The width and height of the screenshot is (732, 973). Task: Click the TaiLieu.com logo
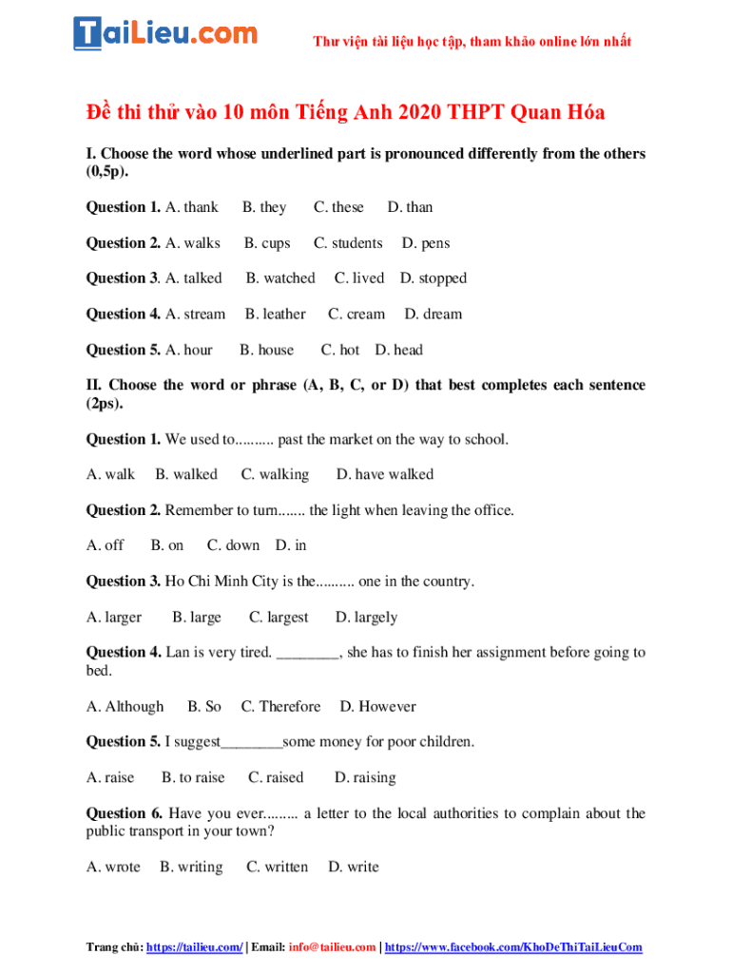point(165,33)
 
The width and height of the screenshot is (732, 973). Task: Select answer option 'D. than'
point(410,207)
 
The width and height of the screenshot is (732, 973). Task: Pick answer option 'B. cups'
point(267,243)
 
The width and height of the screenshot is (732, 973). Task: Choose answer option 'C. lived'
point(359,278)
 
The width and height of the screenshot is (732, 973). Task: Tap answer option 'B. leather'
point(275,315)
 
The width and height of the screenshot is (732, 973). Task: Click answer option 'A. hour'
point(189,350)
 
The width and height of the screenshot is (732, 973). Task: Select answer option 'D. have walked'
point(384,474)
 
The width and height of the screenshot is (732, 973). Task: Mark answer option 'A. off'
point(105,545)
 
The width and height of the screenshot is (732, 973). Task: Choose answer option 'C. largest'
point(279,618)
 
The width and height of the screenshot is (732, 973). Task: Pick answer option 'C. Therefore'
point(280,707)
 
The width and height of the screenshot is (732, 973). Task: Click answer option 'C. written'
point(277,868)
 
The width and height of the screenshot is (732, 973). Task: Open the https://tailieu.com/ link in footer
point(194,947)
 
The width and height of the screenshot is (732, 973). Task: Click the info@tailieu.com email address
point(332,947)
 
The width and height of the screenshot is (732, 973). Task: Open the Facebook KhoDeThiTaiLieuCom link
point(513,947)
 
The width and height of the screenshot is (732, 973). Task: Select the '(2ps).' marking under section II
point(105,403)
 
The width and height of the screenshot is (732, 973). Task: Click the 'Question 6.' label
point(125,813)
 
